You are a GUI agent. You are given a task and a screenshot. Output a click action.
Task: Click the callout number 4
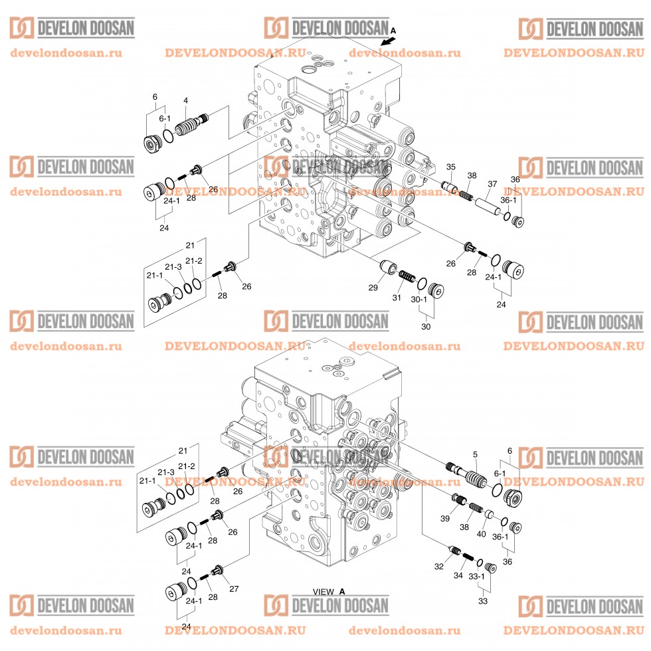[x=186, y=101]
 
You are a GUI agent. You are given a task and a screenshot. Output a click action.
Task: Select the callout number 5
[x=475, y=454]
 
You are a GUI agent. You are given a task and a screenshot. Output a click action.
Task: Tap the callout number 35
[x=450, y=167]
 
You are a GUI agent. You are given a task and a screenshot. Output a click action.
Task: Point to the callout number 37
[x=492, y=184]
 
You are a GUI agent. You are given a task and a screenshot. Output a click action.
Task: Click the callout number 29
[x=373, y=287]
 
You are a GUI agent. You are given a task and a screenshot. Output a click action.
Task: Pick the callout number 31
[x=397, y=298]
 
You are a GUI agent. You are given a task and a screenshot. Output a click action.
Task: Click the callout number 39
[x=446, y=518]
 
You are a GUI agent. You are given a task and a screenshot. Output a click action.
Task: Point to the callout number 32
[x=438, y=566]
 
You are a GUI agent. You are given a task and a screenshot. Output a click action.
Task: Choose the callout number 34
[x=458, y=575]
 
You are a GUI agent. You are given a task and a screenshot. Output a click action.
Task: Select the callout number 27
[x=233, y=589]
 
